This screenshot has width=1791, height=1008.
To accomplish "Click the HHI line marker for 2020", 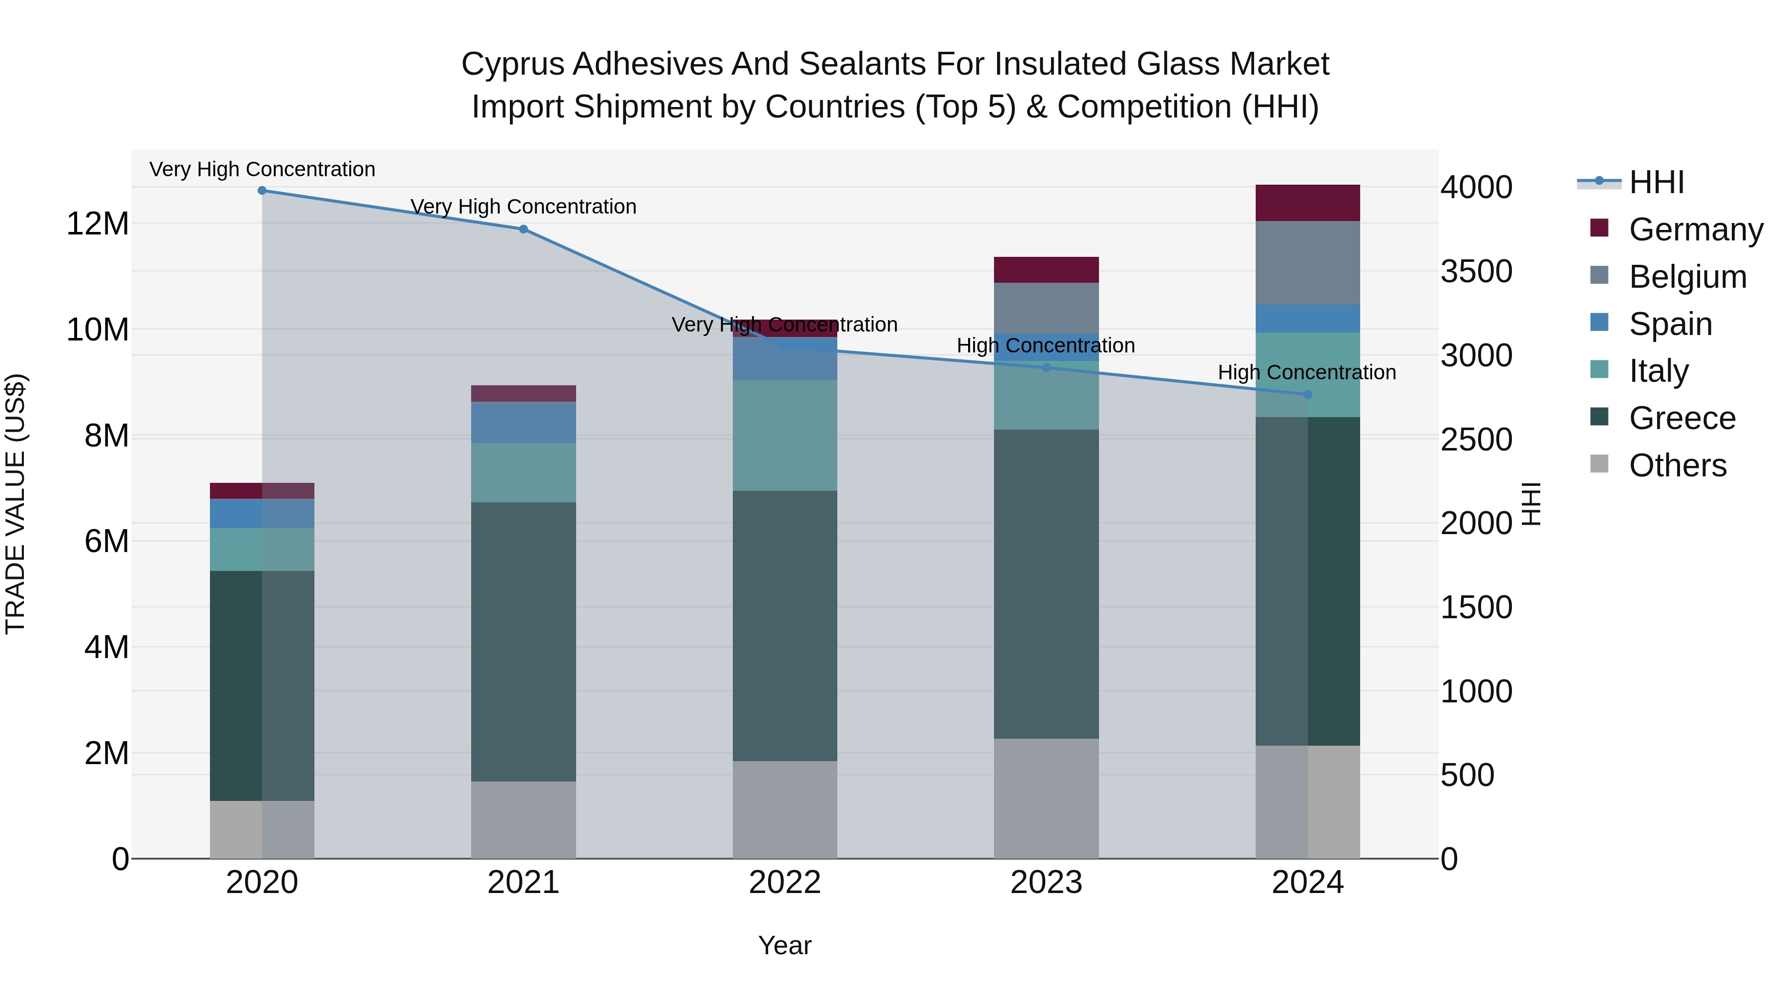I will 262,191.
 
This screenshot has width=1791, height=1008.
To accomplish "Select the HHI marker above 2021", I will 523,229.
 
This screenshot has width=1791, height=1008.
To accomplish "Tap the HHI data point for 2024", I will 1307,394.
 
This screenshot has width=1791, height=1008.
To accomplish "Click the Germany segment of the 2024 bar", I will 1307,203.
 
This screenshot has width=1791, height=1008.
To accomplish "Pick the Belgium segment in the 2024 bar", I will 1307,263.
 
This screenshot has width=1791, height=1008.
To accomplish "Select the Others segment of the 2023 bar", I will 1046,798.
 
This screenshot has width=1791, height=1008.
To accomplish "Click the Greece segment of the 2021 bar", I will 523,642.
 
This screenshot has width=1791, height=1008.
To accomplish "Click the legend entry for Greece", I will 1681,418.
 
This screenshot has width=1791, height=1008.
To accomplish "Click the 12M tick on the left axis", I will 98,224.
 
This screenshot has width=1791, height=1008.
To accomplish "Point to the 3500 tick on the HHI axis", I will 1476,271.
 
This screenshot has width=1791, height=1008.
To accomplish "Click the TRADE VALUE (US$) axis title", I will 15,504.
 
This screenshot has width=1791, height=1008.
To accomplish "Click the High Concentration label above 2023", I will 1046,346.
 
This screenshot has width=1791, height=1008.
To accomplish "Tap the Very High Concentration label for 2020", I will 262,169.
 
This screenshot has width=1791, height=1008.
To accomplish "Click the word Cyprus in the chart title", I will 512,64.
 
